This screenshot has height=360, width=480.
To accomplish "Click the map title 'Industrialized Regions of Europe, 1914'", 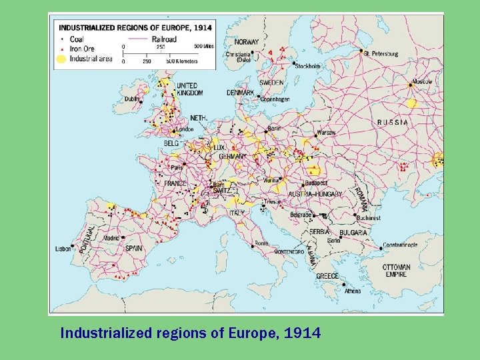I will pos(135,28).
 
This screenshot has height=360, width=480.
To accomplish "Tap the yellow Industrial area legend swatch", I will pos(61,59).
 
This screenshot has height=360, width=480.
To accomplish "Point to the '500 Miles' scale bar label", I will pos(203,46).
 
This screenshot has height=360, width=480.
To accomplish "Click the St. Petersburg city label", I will pos(382,53).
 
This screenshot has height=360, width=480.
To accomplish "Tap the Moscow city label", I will pos(423,81).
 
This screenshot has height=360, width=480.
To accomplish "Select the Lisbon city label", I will pos(63,249).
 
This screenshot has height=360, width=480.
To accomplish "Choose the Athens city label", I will pos(353,291).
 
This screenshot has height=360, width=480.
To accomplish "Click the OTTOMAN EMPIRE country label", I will pos(397,271).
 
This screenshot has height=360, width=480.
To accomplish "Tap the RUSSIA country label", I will pos(393,123).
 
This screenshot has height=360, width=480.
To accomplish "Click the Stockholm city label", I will pos(307,66).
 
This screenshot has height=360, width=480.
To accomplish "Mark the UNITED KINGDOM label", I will pos(190,89).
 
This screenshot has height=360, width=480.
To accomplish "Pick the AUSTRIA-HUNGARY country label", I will pos(315,194).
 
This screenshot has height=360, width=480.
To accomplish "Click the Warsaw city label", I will pos(326,133).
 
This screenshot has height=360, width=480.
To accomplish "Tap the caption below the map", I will pos(190,332).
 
